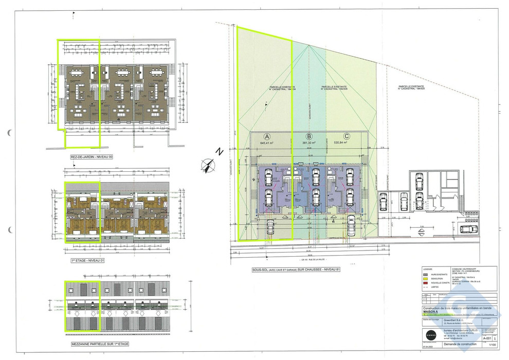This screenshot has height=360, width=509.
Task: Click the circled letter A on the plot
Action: pos(266,136)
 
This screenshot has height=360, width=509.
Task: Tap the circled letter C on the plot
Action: pos(348,136)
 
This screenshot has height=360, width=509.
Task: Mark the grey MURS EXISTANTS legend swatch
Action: pos(425,275)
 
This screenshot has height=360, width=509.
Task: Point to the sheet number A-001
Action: pos(487,339)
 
